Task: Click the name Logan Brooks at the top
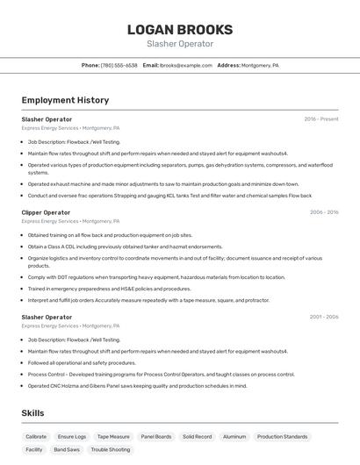pyautogui.click(x=180, y=29)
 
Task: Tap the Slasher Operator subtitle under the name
pyautogui.click(x=180, y=44)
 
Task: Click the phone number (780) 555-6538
pyautogui.click(x=119, y=66)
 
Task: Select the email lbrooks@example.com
pyautogui.click(x=186, y=66)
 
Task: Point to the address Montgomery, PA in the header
pyautogui.click(x=261, y=66)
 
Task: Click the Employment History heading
pyautogui.click(x=65, y=100)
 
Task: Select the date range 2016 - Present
pyautogui.click(x=321, y=119)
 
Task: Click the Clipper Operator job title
pyautogui.click(x=46, y=212)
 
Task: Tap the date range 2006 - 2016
pyautogui.click(x=324, y=212)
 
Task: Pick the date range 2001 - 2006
pyautogui.click(x=324, y=317)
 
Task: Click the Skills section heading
pyautogui.click(x=33, y=412)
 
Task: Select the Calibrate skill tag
pyautogui.click(x=36, y=436)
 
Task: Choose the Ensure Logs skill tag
pyautogui.click(x=72, y=436)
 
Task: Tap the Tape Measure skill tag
pyautogui.click(x=113, y=436)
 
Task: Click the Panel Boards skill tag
pyautogui.click(x=156, y=436)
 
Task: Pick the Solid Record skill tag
pyautogui.click(x=197, y=436)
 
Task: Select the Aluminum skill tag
pyautogui.click(x=234, y=436)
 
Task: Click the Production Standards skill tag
pyautogui.click(x=283, y=436)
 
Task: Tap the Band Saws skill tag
pyautogui.click(x=67, y=449)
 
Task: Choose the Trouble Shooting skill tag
pyautogui.click(x=111, y=449)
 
